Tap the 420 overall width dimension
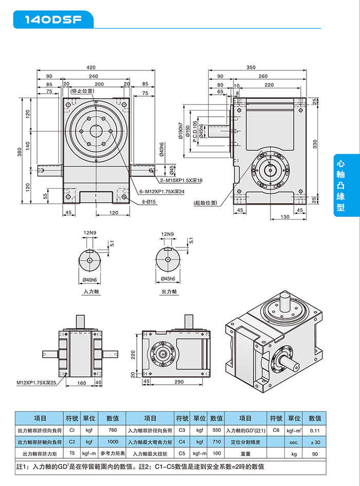(91, 67)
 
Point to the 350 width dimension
(251, 67)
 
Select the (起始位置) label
(206, 203)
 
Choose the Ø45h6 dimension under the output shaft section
(169, 279)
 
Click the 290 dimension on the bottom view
(179, 382)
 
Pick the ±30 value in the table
(315, 442)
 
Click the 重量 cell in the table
(246, 454)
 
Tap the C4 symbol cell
(182, 442)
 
